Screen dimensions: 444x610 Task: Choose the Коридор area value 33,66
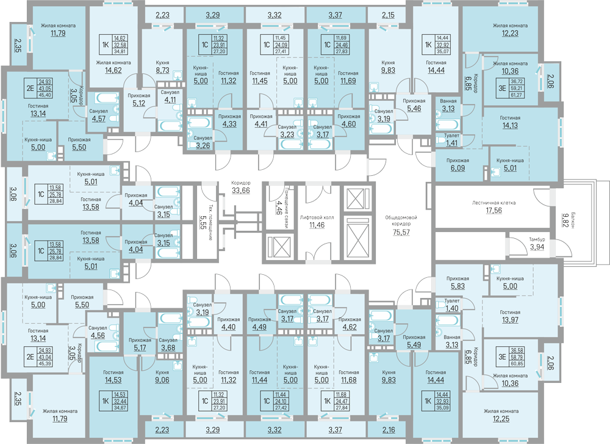tap(240, 191)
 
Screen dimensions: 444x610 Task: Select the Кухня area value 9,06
tap(162, 379)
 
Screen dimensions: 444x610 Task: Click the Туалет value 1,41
tap(452, 144)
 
